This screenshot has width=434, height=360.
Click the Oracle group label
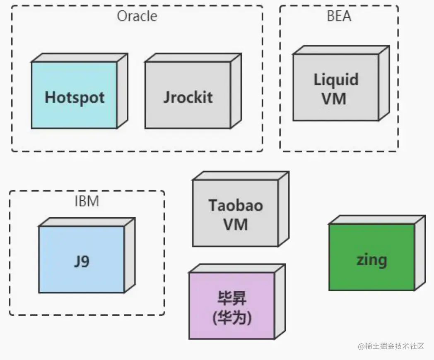pos(137,17)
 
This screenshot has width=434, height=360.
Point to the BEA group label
pos(339,16)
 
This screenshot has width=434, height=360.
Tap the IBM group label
pos(87,201)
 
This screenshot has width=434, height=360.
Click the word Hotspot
pos(75,97)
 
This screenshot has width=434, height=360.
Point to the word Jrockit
pos(188,97)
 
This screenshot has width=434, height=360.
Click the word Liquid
pos(336,79)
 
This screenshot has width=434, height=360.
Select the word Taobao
pos(235,205)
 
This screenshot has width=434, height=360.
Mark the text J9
pos(82,261)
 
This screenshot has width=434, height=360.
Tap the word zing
pos(371,260)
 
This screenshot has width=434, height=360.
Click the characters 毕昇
pos(231,298)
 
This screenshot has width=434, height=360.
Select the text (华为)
pos(231,318)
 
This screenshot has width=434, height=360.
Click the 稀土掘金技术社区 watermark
pos(391,346)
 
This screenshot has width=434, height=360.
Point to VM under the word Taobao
pos(235,224)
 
